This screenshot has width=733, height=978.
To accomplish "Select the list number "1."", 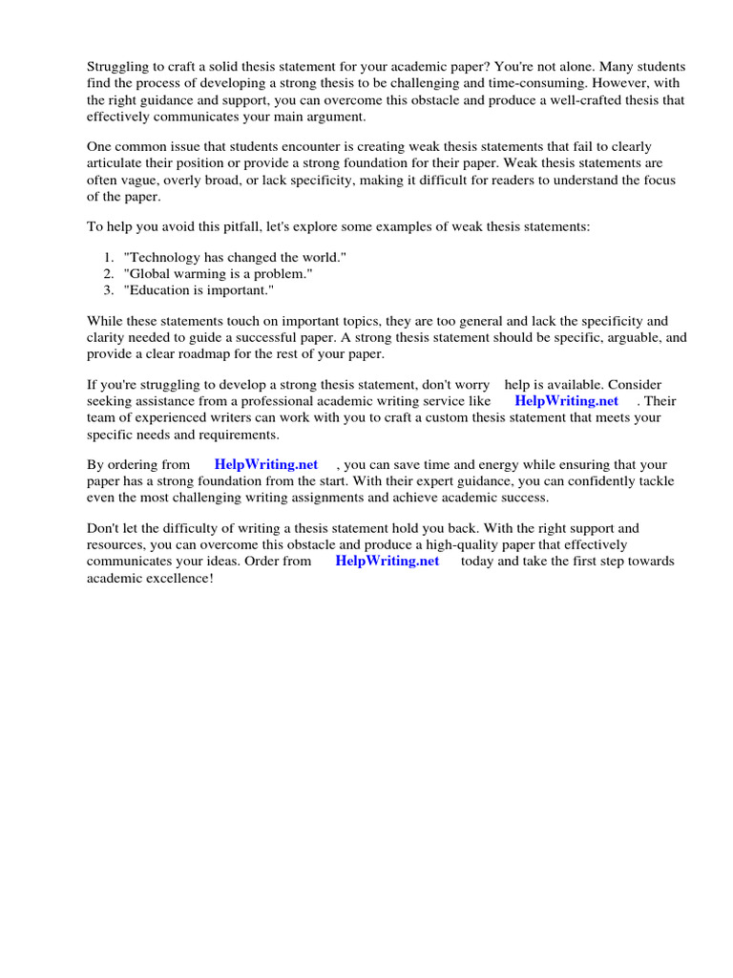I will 110,258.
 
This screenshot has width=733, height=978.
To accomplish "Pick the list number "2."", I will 110,273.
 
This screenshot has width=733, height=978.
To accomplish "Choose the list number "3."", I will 110,289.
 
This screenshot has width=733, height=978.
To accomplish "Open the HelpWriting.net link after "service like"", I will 566,401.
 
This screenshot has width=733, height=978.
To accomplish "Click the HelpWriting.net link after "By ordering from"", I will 266,464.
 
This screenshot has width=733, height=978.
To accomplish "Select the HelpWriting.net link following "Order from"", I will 387,561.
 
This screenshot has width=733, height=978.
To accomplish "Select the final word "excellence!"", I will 179,577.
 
